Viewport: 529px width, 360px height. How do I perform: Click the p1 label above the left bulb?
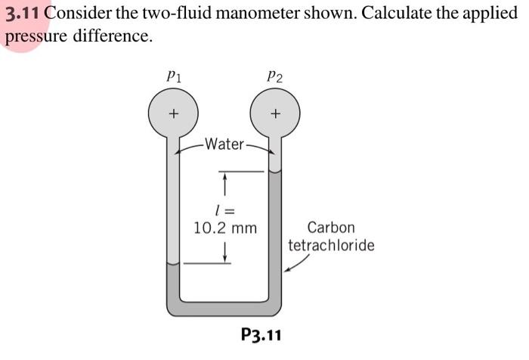173,76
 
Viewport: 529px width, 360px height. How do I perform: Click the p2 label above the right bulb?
274,76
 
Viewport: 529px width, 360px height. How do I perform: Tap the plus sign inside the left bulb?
173,114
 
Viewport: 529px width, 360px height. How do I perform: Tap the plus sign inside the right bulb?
276,114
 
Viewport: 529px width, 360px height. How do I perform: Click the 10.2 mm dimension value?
225,227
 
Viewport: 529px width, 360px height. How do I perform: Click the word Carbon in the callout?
331,227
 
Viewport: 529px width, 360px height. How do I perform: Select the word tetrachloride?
331,246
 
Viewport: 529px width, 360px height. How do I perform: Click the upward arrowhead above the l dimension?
224,178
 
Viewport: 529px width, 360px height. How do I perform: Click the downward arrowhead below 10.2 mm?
224,259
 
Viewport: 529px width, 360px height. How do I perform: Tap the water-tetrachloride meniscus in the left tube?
173,265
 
